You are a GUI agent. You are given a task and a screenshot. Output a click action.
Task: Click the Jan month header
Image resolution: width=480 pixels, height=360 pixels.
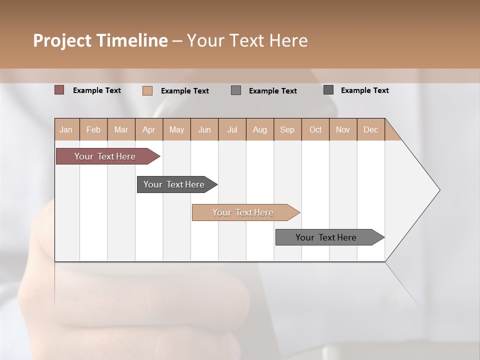point(66,129)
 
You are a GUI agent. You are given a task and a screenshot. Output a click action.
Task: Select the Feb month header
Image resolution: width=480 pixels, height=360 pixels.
point(93,129)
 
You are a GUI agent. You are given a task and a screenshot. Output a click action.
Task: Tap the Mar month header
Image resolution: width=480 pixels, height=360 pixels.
point(121,129)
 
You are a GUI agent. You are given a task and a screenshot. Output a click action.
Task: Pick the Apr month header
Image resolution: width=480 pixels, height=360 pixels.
point(149,129)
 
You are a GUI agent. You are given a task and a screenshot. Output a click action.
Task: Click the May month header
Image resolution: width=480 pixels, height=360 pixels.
point(176,129)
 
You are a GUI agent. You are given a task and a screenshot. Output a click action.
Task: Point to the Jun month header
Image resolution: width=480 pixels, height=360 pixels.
point(204,129)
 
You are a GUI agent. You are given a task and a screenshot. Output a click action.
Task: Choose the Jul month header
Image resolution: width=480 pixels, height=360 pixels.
point(232,129)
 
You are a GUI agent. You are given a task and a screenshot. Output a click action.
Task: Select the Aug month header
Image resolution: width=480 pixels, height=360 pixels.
point(260,129)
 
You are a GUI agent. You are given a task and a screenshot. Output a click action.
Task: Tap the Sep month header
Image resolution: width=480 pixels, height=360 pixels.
point(287,129)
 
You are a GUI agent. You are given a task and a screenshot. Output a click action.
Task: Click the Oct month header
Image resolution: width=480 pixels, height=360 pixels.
point(315,129)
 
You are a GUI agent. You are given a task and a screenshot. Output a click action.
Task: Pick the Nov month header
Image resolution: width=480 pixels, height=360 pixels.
point(343,129)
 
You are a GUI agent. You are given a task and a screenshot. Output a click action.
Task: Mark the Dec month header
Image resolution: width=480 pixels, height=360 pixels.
point(371,129)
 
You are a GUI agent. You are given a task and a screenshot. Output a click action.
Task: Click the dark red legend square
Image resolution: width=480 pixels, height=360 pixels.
point(59,90)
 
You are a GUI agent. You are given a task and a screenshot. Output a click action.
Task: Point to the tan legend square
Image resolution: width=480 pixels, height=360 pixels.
point(147,90)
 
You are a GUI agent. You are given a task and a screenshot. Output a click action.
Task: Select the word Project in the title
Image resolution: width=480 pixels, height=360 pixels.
point(62,40)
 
